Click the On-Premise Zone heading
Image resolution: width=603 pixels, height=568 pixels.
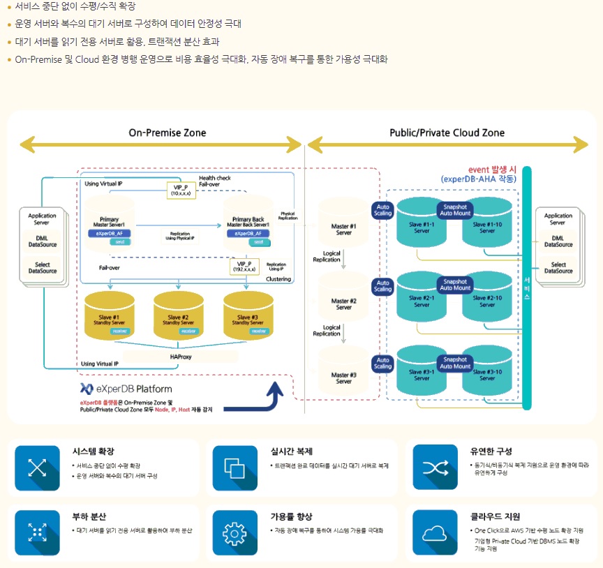(x=167, y=133)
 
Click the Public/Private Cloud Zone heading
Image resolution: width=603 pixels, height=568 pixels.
(x=447, y=133)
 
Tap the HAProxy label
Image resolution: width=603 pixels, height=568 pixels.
(x=179, y=357)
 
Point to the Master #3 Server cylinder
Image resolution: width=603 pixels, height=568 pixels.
(x=343, y=373)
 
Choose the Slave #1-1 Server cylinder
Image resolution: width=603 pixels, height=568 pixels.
(x=422, y=223)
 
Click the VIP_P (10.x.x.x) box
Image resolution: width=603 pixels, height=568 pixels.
(x=181, y=190)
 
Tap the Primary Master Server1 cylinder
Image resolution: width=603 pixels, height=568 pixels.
(x=110, y=222)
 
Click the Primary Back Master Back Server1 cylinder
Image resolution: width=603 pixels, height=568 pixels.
(x=248, y=222)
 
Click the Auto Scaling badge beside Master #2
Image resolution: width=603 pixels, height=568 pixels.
(x=382, y=286)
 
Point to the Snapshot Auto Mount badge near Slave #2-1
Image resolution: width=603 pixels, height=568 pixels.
(x=455, y=285)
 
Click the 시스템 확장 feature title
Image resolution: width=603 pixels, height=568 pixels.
(x=93, y=451)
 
